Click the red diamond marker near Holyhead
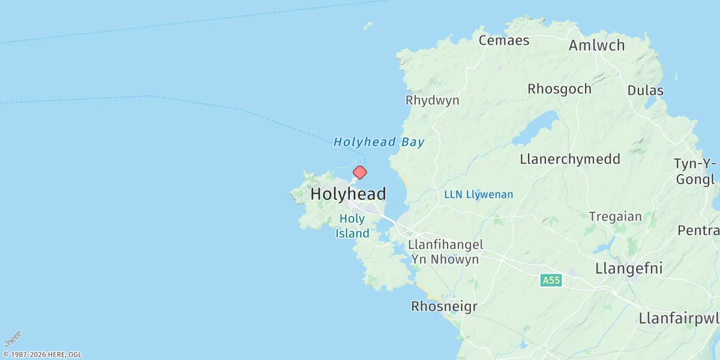[359, 173]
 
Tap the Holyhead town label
[348, 194]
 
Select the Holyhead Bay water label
[379, 142]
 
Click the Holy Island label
[352, 226]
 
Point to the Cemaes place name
[504, 40]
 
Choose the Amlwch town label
[596, 46]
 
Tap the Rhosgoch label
[559, 89]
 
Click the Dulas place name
[645, 91]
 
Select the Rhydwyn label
[432, 100]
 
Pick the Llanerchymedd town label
[570, 160]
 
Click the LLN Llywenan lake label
[478, 194]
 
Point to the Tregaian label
[615, 217]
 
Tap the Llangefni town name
[629, 268]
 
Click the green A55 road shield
[551, 280]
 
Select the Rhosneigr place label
[444, 307]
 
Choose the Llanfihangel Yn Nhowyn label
[445, 252]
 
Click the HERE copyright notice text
[42, 355]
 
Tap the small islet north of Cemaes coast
[368, 26]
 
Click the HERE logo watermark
[13, 339]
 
